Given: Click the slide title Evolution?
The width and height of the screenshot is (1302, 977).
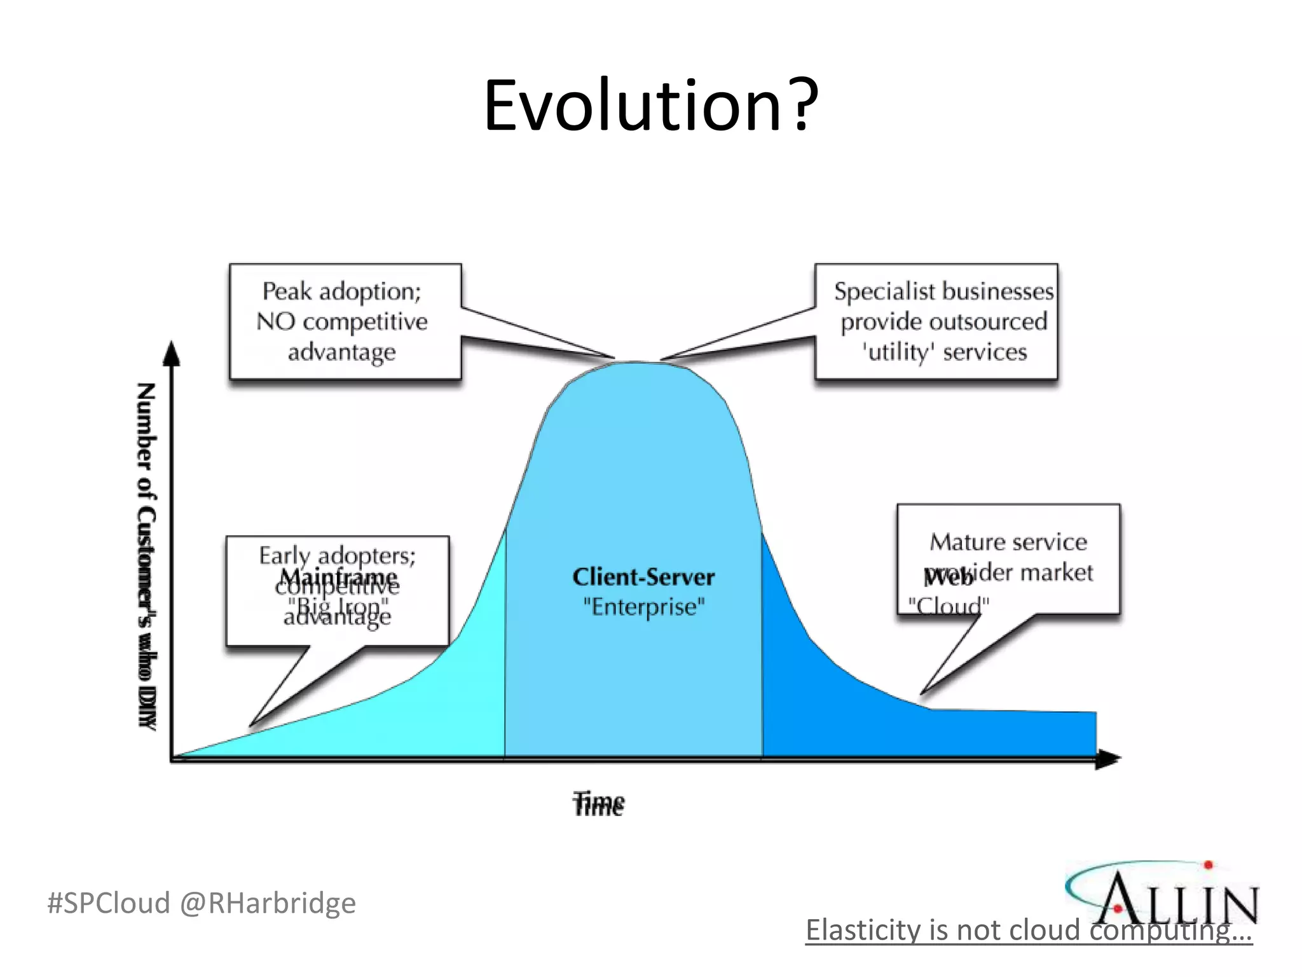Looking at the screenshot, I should (650, 106).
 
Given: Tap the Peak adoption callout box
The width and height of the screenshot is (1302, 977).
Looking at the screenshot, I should (345, 321).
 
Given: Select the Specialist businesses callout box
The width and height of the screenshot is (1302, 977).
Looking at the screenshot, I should (936, 321).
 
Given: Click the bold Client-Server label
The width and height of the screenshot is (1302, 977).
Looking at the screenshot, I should (643, 577).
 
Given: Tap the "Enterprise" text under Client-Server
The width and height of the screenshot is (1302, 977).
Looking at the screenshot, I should (643, 607).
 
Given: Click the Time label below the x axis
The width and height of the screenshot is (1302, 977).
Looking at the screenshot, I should (598, 803).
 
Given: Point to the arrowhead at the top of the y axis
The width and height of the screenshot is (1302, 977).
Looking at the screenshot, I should (172, 354).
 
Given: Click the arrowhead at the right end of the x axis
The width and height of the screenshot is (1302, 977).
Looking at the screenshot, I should (1109, 759).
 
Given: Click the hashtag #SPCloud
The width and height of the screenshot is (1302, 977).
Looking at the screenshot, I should (109, 903).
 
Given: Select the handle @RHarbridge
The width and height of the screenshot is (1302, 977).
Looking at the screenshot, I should (268, 903).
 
